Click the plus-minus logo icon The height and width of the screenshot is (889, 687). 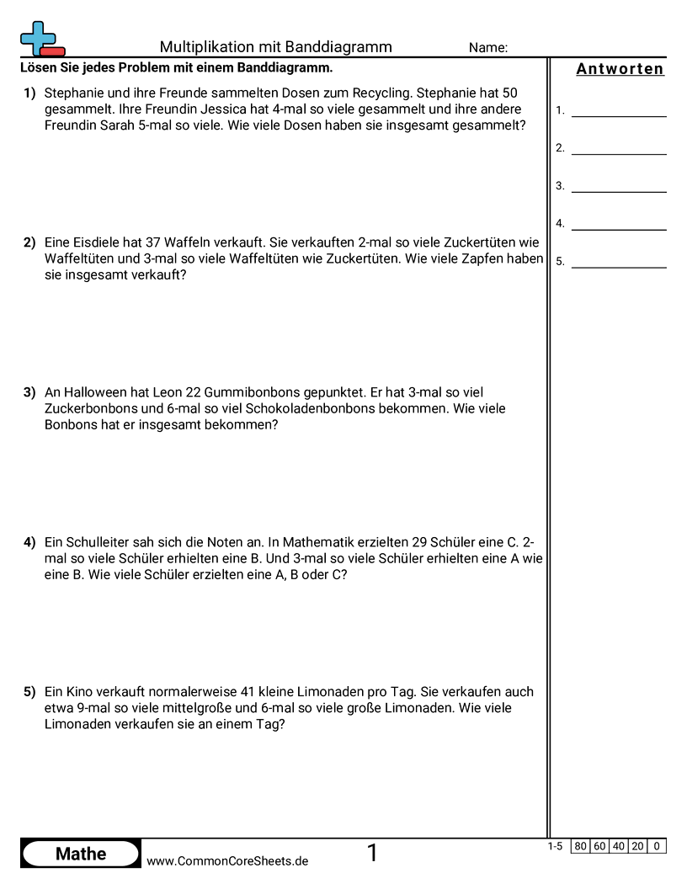(x=41, y=39)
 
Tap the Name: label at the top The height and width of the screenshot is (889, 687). (x=487, y=48)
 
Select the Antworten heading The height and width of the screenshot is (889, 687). (x=620, y=69)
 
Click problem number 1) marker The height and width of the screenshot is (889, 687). (x=29, y=93)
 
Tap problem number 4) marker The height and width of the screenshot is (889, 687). (x=29, y=542)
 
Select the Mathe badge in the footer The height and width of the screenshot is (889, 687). (x=81, y=854)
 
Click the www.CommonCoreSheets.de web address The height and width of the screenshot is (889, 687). (x=227, y=861)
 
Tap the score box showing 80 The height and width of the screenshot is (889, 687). (x=580, y=846)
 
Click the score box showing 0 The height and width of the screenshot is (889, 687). (x=657, y=846)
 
